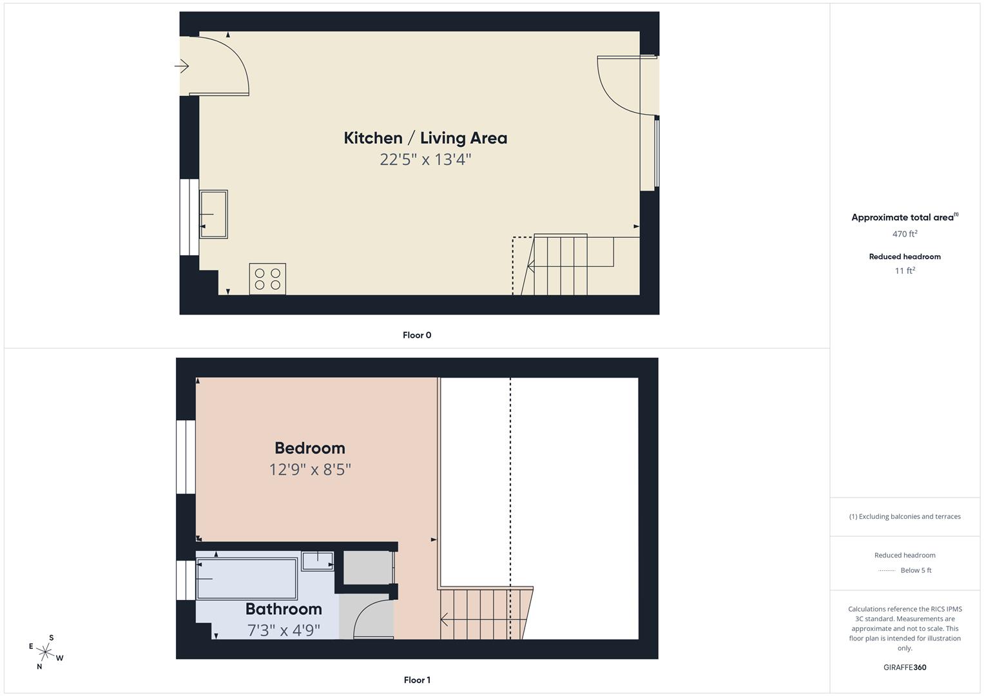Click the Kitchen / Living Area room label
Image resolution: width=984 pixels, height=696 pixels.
425,138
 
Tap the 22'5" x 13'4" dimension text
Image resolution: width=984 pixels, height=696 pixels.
425,159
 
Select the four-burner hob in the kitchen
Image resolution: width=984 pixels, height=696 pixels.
267,279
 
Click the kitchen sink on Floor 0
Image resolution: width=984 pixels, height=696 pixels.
213,214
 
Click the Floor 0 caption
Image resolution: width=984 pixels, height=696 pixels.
417,335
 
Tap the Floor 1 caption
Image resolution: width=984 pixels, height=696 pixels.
417,680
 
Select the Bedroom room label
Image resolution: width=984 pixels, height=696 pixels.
310,448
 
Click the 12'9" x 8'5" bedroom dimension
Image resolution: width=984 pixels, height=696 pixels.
310,469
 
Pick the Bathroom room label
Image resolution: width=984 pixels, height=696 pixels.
284,609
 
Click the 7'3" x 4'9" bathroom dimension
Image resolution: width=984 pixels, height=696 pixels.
284,630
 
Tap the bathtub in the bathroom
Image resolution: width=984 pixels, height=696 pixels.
247,579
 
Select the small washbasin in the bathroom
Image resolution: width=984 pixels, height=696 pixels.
318,561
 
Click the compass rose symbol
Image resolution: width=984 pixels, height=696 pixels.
45,652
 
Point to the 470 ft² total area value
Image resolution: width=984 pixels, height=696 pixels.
905,234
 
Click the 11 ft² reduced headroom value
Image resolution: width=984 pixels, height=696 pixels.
905,271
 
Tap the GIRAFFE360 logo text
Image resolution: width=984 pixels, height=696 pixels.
905,668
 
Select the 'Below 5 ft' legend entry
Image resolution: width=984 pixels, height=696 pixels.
916,570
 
